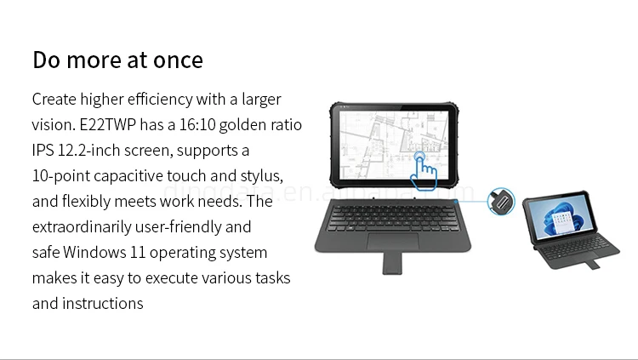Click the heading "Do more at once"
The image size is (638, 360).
(x=117, y=60)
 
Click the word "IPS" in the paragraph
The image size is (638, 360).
(x=43, y=151)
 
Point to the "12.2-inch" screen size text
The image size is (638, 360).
(x=93, y=151)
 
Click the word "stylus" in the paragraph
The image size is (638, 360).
(x=259, y=176)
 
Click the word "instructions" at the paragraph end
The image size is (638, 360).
(x=102, y=304)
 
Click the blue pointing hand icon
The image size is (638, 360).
(x=423, y=171)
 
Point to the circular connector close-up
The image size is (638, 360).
(x=503, y=202)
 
